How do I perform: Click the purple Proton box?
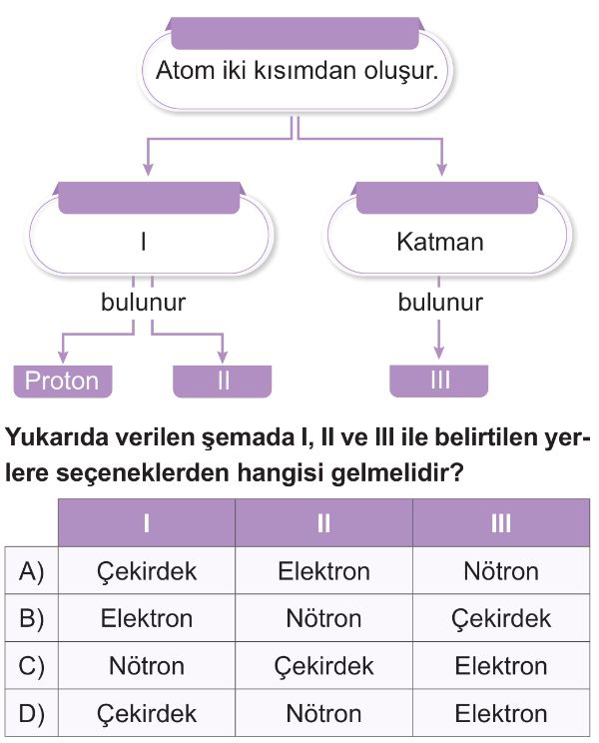(63, 380)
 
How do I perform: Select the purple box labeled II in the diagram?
(222, 380)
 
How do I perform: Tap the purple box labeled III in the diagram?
(438, 380)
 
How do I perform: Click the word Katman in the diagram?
(440, 242)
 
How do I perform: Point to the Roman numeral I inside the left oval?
(144, 242)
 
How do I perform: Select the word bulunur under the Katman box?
(440, 303)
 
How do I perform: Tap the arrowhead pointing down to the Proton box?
(63, 358)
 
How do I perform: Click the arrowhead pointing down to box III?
(439, 353)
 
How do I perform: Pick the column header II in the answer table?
(323, 523)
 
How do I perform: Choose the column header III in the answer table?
(501, 523)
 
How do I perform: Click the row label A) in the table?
(32, 571)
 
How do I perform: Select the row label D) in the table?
(32, 714)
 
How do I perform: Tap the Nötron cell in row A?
(501, 571)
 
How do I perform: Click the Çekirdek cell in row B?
(501, 618)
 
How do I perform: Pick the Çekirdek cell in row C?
(323, 666)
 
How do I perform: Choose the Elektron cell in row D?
(501, 714)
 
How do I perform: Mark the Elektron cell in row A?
(323, 571)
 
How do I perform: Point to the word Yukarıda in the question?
(56, 436)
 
